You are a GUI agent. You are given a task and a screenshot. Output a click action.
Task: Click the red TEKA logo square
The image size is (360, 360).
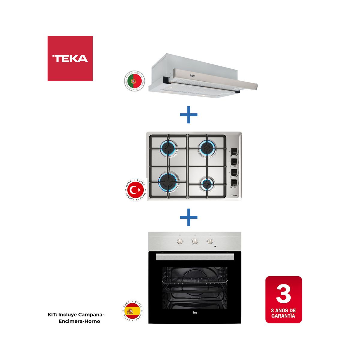[x=70, y=58]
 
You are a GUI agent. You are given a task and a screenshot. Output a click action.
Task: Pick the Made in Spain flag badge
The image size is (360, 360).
[x=132, y=312]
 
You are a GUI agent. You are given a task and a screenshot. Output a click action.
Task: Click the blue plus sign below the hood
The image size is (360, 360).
[x=189, y=114]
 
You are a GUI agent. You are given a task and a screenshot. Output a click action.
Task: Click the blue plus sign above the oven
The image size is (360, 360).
[x=189, y=217]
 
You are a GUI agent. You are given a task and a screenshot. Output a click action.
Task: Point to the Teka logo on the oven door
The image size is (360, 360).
[x=194, y=313]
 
